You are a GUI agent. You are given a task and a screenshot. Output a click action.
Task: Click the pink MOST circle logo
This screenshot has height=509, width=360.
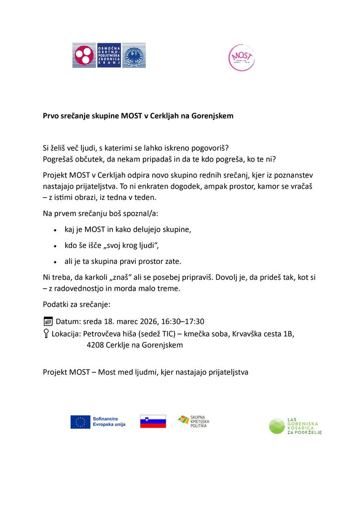pyautogui.click(x=241, y=58)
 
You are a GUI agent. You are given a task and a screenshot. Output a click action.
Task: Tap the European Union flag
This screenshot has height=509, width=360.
pyautogui.click(x=80, y=422)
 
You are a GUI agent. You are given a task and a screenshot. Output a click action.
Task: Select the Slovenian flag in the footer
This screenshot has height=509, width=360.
pyautogui.click(x=153, y=422)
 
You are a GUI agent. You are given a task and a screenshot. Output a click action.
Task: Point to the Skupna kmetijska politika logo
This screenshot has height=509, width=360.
pyautogui.click(x=194, y=422)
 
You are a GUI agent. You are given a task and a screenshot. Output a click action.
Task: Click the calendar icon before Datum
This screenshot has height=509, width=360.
pyautogui.click(x=48, y=321)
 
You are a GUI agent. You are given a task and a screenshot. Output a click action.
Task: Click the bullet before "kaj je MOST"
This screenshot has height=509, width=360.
pyautogui.click(x=55, y=230)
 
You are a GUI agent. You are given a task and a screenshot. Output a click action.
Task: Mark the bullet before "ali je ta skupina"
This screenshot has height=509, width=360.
pyautogui.click(x=55, y=261)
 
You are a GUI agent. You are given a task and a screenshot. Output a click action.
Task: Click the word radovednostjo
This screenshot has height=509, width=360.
pyautogui.click(x=82, y=289)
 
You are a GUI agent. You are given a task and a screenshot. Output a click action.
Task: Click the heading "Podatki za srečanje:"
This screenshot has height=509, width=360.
pyautogui.click(x=77, y=304)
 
